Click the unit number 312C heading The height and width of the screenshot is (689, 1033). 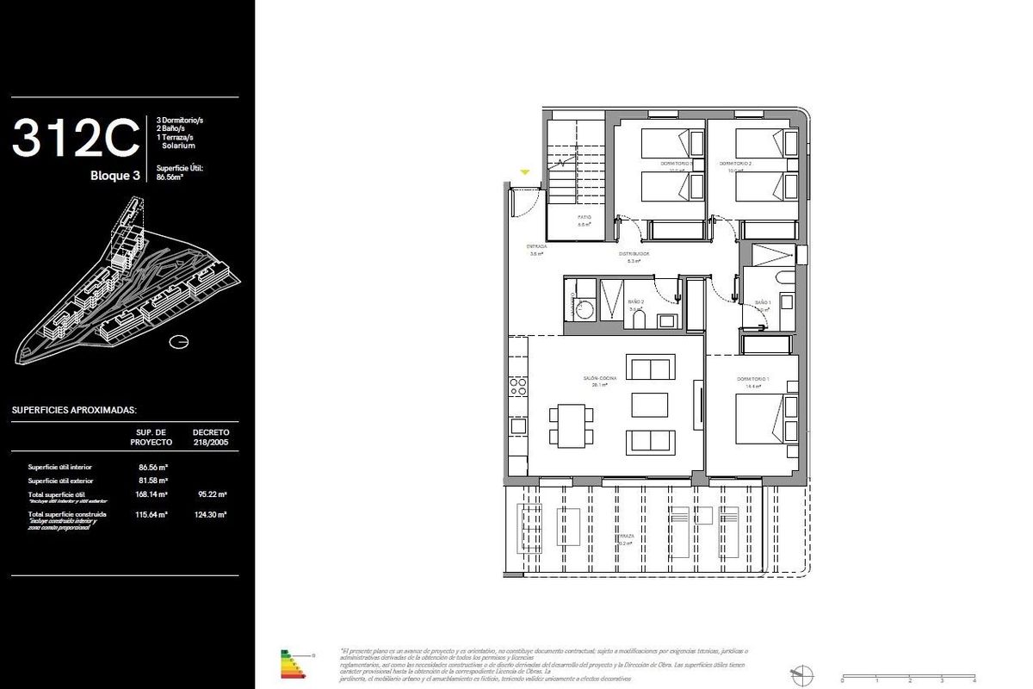coord(76,138)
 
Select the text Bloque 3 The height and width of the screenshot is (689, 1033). coord(115,177)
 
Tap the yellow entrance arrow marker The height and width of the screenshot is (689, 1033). coord(524,172)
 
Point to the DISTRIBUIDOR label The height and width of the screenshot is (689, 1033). coord(633,254)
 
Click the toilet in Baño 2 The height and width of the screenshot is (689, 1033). coord(638,320)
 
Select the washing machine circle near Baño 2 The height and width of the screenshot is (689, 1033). coord(578,312)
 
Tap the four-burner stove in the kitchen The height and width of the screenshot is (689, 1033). coord(518,386)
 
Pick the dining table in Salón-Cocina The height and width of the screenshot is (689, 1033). coord(571,425)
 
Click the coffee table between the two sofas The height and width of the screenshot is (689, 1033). coord(649,405)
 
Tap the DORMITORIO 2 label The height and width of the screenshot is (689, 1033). coord(736,163)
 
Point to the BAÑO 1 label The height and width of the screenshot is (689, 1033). coord(763,302)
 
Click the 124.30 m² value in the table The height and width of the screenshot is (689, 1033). coord(210,514)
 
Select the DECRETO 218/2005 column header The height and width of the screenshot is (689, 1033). coord(210,436)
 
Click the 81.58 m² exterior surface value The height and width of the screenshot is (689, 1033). coord(152,480)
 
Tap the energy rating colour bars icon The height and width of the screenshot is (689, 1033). coord(294,663)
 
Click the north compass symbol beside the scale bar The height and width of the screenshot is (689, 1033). coord(801,674)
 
